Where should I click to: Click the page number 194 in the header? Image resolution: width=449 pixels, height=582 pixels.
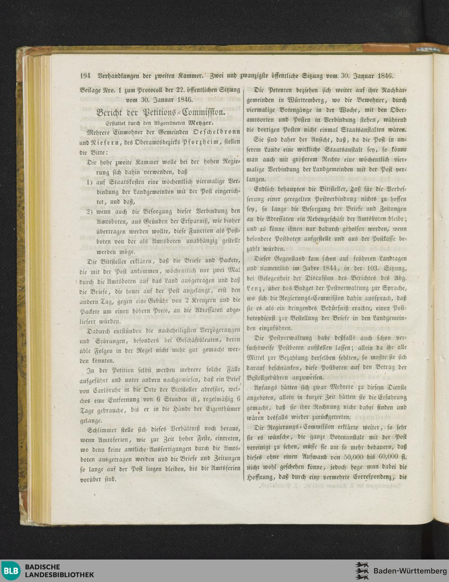coord(85,76)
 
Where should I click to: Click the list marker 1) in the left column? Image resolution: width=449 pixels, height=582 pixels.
coord(90,182)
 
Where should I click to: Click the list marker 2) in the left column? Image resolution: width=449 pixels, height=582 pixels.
coord(90,211)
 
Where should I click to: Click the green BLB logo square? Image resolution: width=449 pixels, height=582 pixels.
coord(11,571)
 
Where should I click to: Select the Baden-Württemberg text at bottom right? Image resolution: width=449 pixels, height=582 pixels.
coord(410,571)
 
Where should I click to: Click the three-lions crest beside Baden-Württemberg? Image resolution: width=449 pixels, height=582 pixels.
coord(362,571)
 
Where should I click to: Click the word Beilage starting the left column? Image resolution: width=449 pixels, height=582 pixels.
coord(91,90)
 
